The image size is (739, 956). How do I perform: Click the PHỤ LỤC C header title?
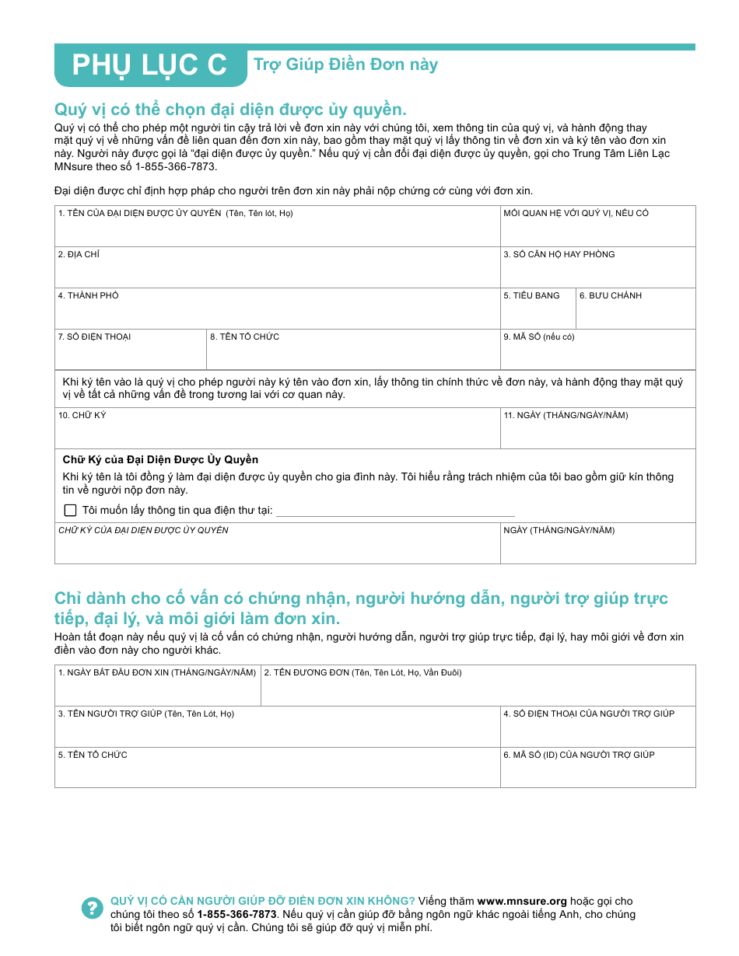(149, 66)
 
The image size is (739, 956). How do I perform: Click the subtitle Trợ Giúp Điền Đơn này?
(345, 65)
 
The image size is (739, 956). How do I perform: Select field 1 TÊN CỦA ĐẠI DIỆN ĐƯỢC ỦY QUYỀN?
(277, 232)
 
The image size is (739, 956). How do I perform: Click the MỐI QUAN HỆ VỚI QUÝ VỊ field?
(597, 232)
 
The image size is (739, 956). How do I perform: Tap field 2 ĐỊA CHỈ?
(277, 273)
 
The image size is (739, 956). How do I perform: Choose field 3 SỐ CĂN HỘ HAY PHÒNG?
(597, 273)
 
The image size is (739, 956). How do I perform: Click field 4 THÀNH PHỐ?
(277, 314)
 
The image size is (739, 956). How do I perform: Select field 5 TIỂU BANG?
(538, 314)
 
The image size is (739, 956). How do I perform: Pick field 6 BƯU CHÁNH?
(636, 314)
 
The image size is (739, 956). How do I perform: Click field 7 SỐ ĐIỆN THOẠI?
(130, 355)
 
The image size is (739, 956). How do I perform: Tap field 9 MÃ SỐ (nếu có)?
(597, 355)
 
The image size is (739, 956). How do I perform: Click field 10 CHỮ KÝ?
(277, 434)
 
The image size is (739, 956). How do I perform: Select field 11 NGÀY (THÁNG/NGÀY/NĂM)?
(597, 434)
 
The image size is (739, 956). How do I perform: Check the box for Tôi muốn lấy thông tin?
(71, 511)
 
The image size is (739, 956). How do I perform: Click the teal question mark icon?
(92, 908)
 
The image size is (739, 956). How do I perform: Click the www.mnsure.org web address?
(522, 902)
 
